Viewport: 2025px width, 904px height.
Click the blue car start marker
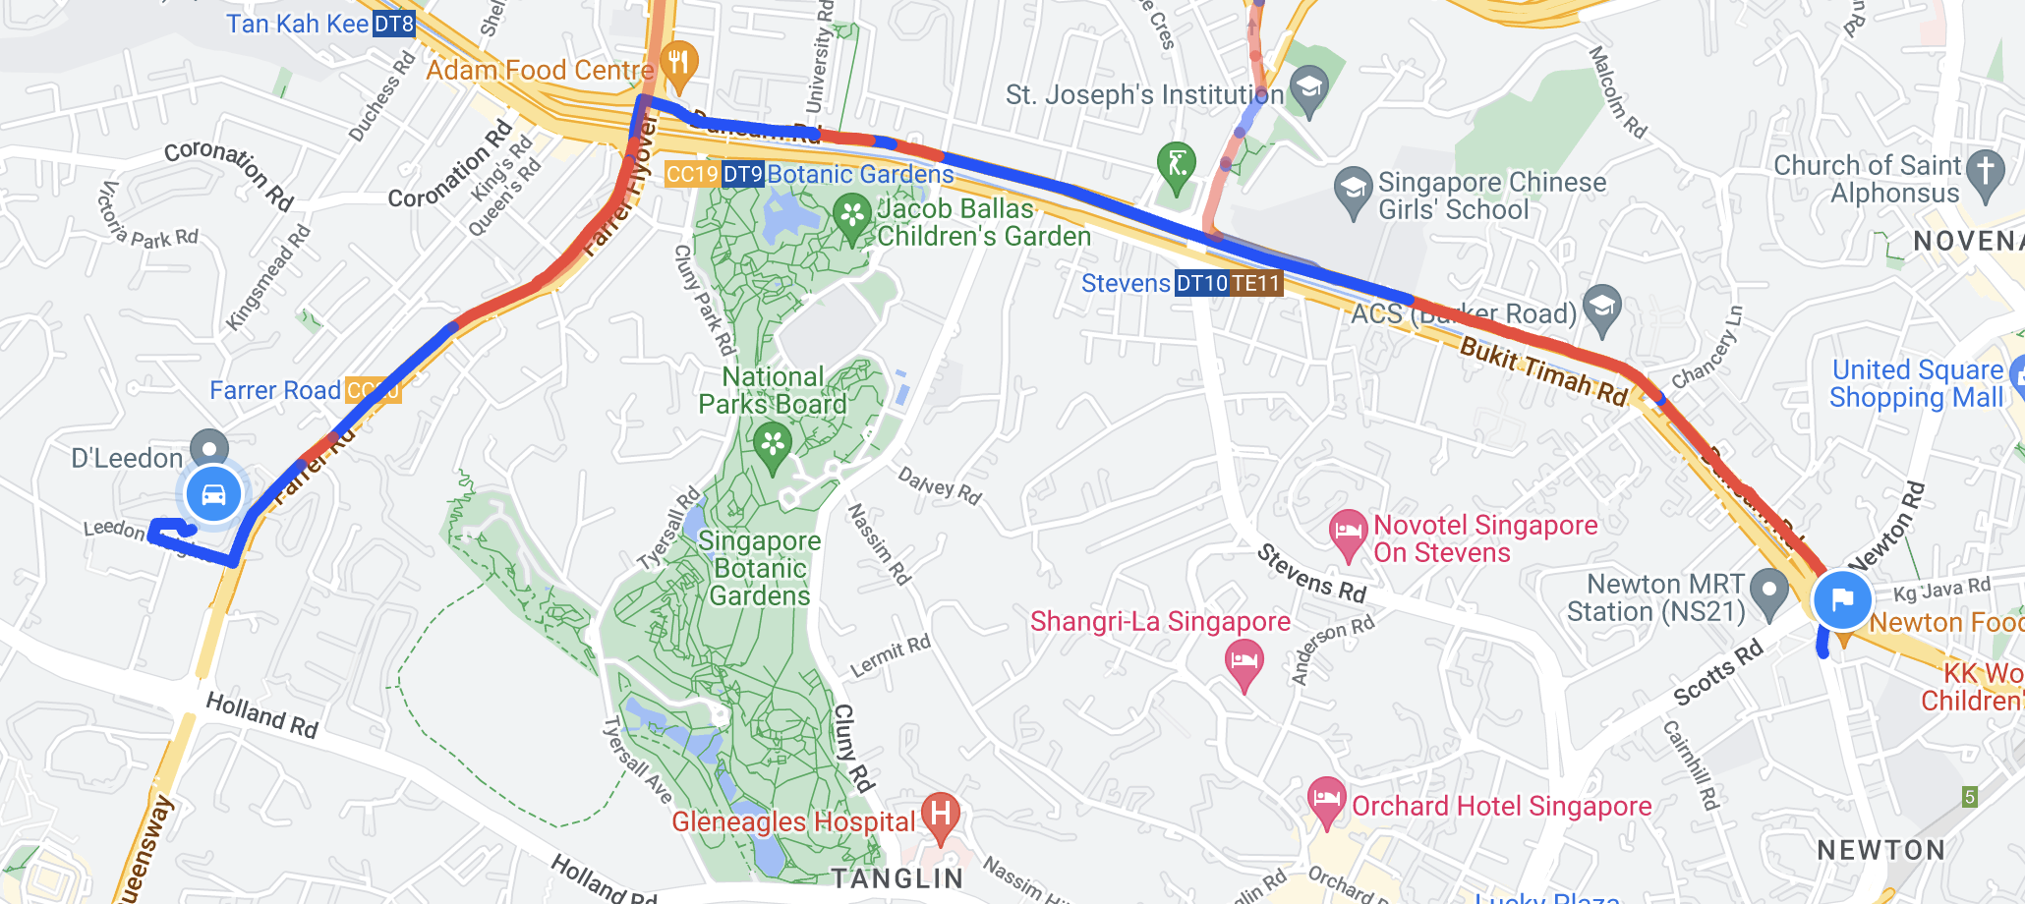click(x=213, y=494)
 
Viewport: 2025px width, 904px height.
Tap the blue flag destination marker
click(x=1841, y=598)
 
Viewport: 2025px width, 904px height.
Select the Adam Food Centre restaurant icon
click(x=678, y=65)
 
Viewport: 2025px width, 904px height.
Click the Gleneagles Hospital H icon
click(x=941, y=816)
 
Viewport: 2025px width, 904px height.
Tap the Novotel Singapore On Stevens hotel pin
click(x=1348, y=533)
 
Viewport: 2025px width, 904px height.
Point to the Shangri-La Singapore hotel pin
click(x=1244, y=662)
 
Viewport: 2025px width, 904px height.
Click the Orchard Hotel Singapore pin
click(x=1326, y=800)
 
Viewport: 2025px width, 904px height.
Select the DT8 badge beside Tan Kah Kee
click(x=394, y=24)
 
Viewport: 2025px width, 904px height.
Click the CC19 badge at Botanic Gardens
click(x=692, y=175)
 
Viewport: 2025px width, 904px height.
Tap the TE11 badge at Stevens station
click(x=1256, y=284)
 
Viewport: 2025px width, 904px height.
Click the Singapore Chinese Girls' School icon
click(x=1354, y=190)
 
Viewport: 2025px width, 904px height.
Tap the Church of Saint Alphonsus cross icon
click(x=1986, y=173)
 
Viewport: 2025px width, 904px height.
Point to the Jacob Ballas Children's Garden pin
click(x=852, y=216)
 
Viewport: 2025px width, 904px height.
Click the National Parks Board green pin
click(x=773, y=444)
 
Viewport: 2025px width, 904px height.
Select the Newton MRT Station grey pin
click(x=1769, y=592)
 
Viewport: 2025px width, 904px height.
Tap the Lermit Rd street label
click(x=890, y=656)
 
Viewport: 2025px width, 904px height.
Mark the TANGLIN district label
click(x=897, y=877)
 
